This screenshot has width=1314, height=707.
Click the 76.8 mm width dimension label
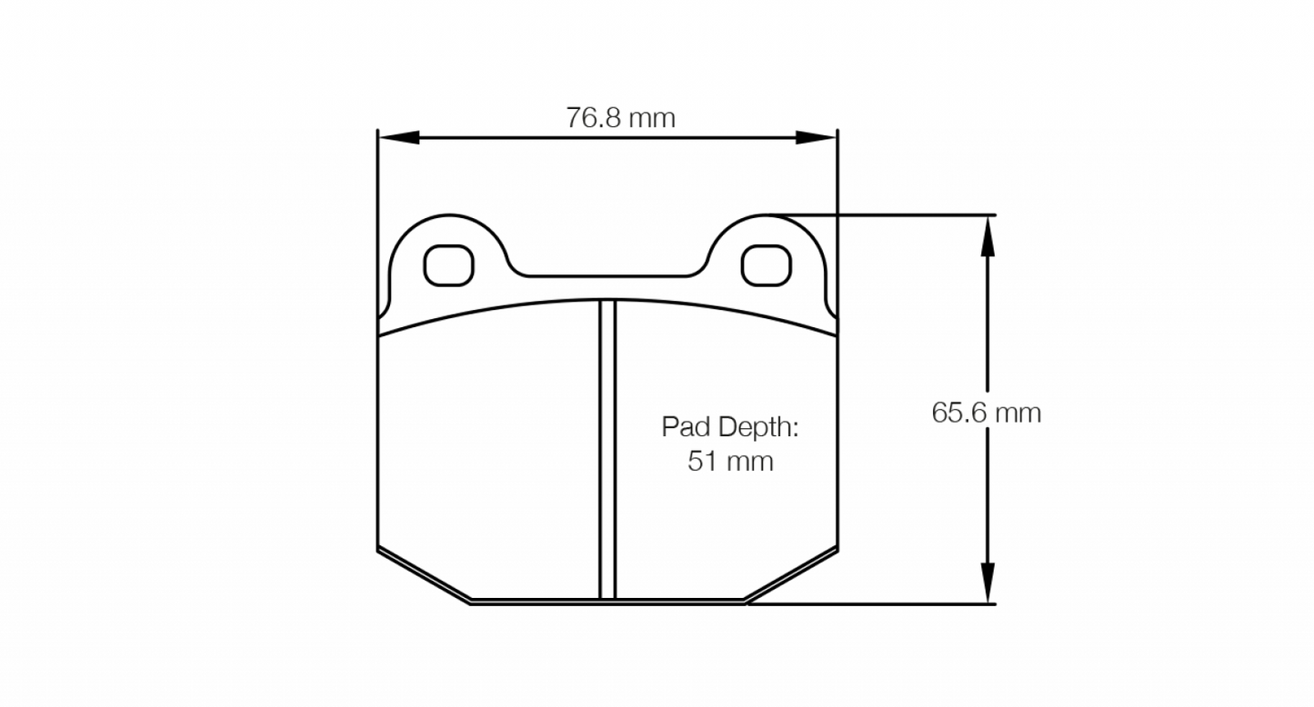pos(620,117)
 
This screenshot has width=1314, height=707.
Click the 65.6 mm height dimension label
pos(986,413)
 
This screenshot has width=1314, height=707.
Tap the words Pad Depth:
pos(729,426)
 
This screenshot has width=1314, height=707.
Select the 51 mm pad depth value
pos(729,462)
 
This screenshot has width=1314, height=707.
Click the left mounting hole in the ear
pos(449,264)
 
